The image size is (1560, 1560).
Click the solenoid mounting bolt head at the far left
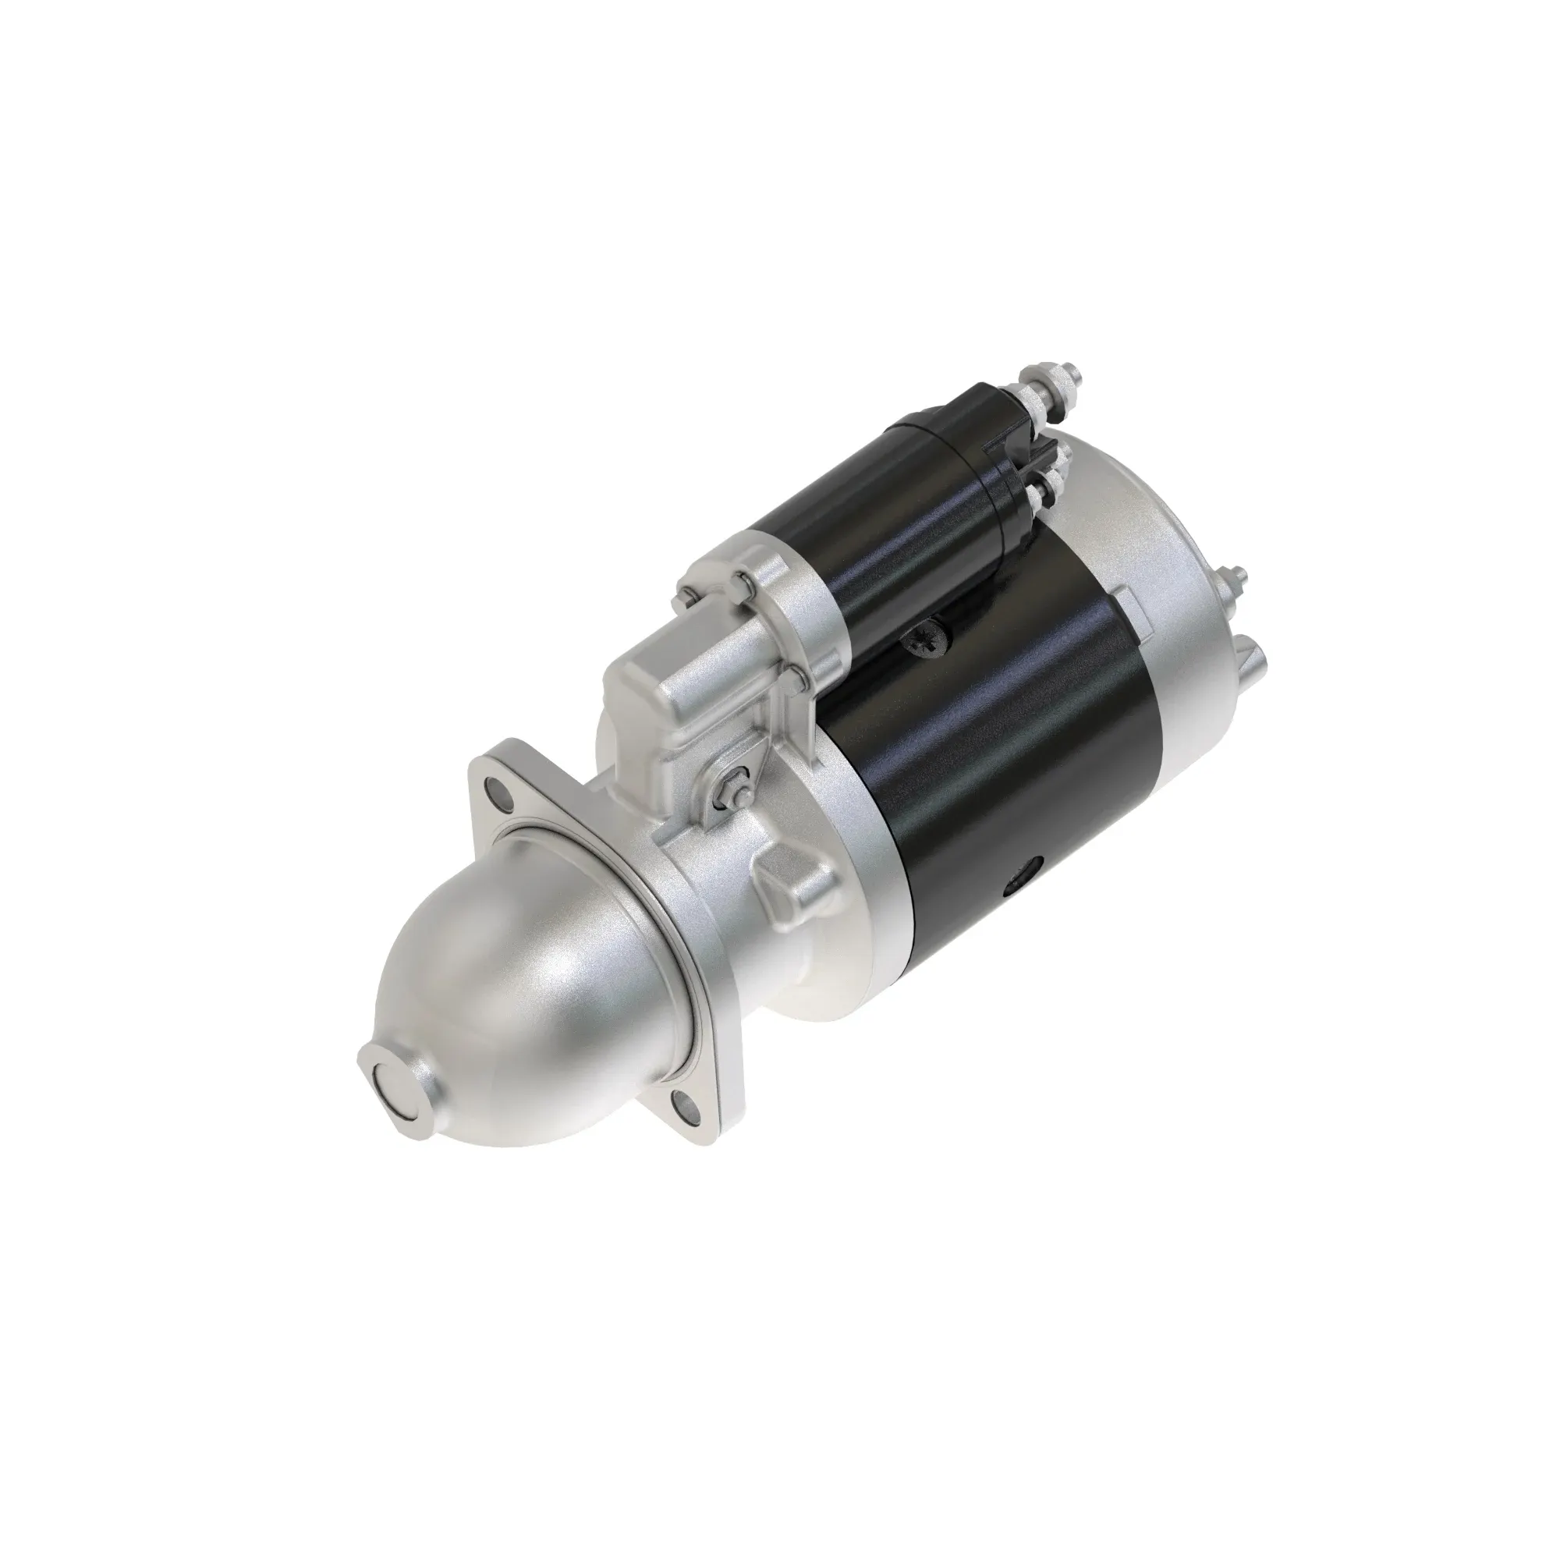tap(687, 597)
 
